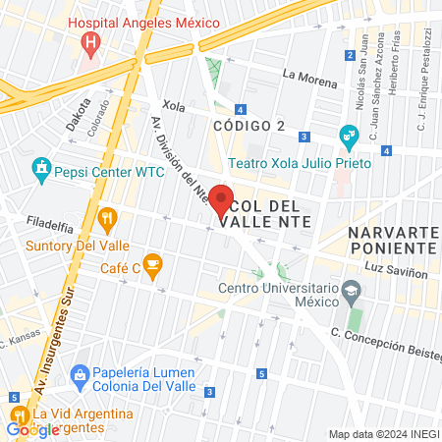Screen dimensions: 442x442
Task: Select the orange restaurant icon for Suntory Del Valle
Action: [x=108, y=218]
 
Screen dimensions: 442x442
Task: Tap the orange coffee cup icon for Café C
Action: [x=151, y=263]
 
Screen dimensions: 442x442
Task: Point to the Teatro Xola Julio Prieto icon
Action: [x=348, y=136]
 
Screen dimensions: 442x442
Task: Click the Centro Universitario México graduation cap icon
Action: [x=352, y=291]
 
